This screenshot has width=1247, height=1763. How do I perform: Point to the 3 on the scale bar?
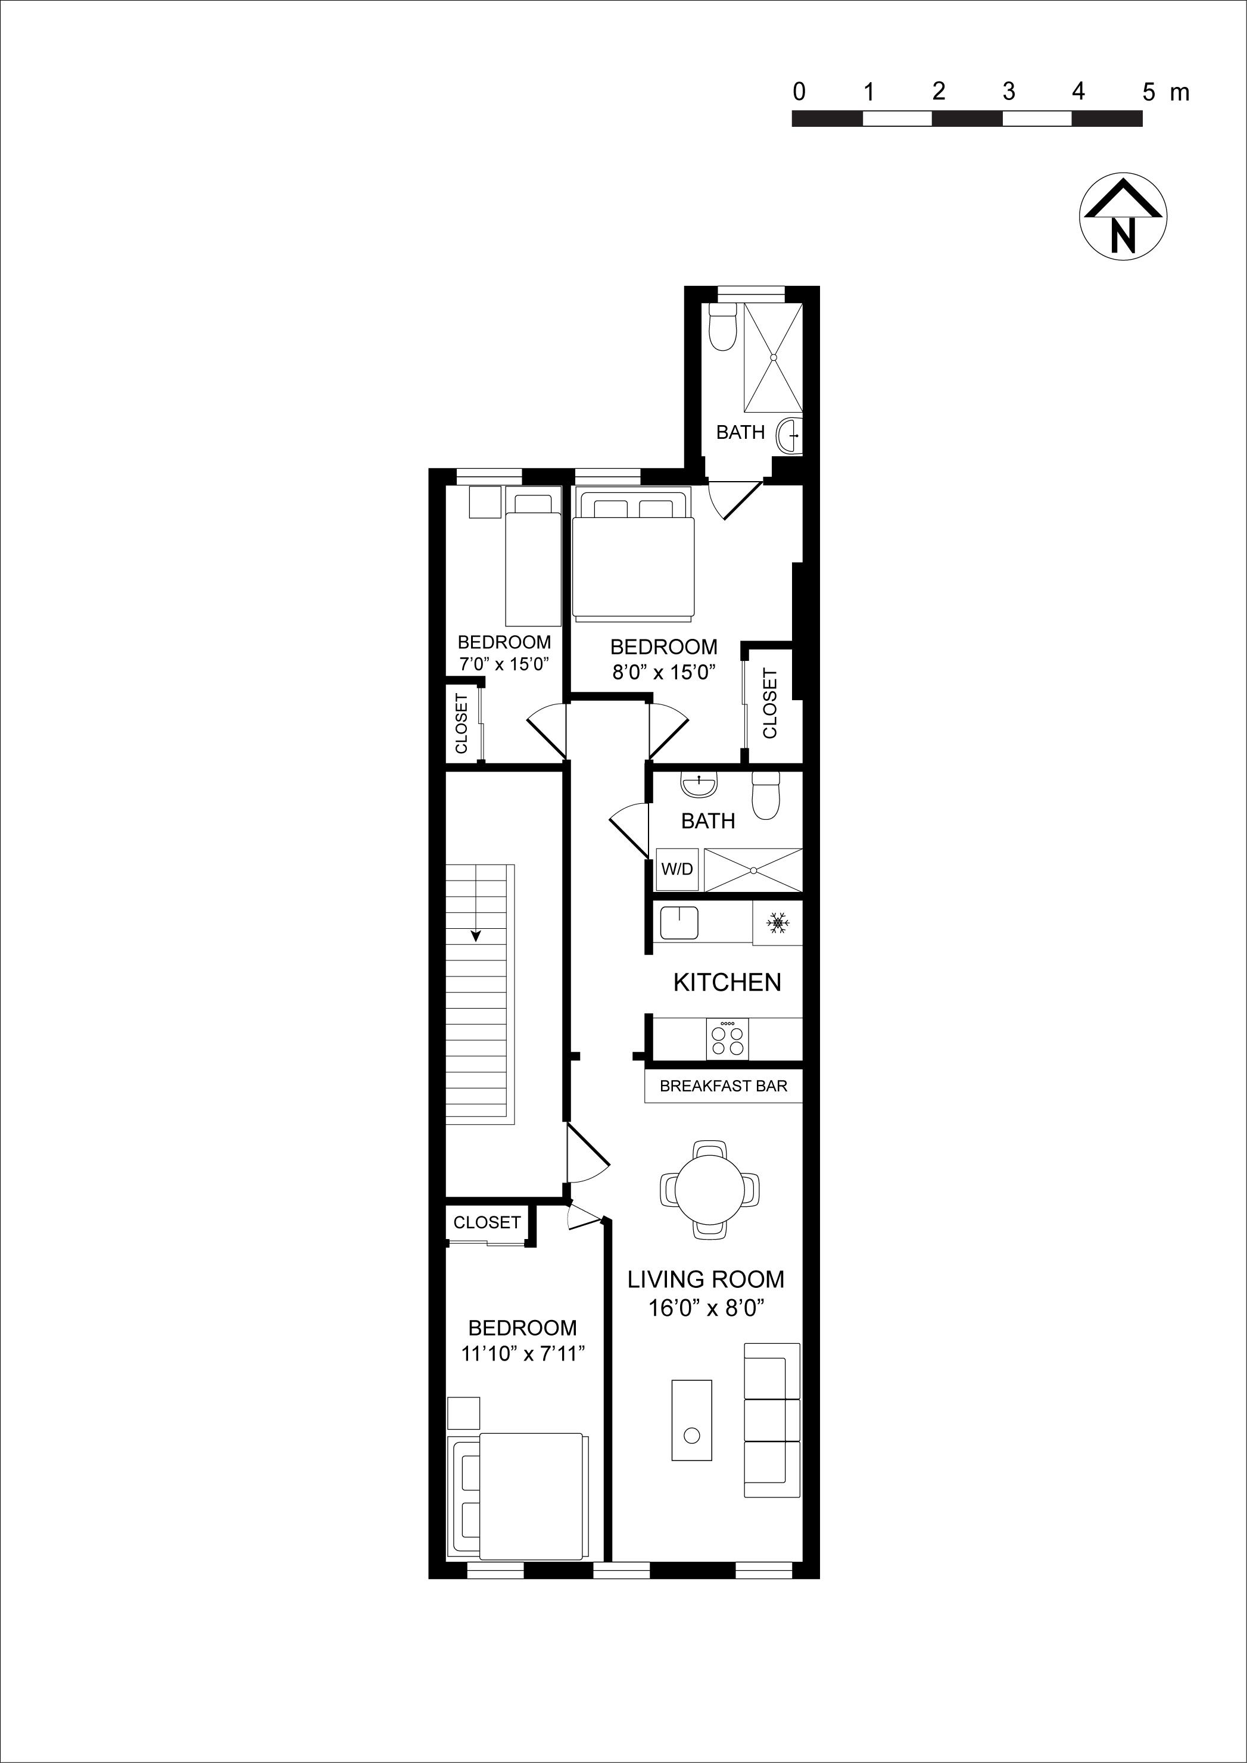pos(1008,92)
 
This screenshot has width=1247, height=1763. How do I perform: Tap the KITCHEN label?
pos(727,982)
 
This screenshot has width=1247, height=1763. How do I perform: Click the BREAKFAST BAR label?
pos(724,1086)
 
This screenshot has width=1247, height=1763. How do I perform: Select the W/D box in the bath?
pos(677,869)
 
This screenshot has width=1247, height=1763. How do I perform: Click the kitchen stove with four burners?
pos(727,1040)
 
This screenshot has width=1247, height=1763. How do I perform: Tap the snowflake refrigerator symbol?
pos(778,923)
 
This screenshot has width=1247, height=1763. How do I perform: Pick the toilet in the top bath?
pos(722,328)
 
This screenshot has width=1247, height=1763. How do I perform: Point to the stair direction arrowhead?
pos(476,936)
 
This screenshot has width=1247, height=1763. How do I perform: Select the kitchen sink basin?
pos(679,922)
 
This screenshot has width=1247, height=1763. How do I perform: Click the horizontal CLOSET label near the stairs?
pos(487,1222)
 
